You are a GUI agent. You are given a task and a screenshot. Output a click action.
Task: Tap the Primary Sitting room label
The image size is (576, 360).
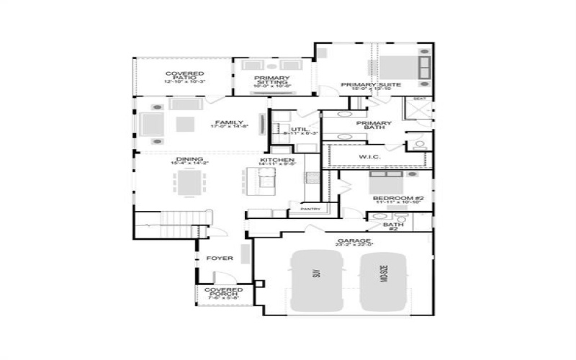(272, 80)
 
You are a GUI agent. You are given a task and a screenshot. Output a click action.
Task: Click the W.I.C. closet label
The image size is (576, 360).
(370, 156)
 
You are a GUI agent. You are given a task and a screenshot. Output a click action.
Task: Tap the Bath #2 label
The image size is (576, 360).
(393, 226)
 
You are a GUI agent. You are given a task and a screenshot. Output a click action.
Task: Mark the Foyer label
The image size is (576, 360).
(220, 258)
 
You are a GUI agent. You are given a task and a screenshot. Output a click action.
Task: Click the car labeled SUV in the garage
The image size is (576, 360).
(315, 281)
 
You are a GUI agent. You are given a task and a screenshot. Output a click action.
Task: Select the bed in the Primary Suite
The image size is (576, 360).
(403, 66)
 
